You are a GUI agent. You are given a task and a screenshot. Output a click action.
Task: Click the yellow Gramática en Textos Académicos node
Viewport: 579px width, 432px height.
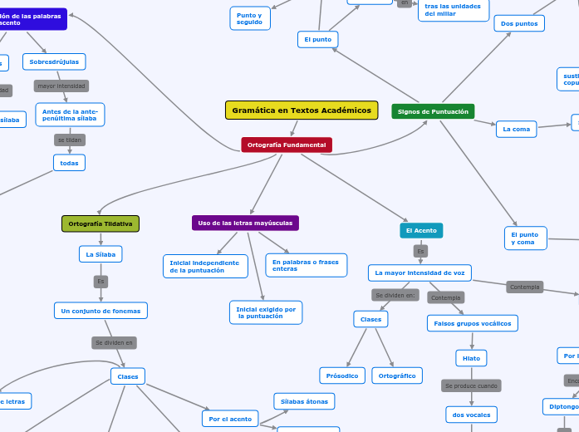pyautogui.click(x=302, y=110)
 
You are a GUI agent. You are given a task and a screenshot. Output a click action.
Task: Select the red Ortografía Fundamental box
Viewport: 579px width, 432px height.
pyautogui.click(x=287, y=145)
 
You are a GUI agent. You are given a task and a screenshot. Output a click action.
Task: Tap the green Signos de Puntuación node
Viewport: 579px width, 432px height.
pyautogui.click(x=433, y=111)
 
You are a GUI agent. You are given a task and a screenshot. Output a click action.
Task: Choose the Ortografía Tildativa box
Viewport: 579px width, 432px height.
pyautogui.click(x=101, y=223)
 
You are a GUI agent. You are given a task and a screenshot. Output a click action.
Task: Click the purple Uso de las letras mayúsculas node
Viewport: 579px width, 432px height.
pyautogui.click(x=245, y=223)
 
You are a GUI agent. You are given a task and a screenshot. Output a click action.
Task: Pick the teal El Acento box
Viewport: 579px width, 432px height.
pyautogui.click(x=421, y=230)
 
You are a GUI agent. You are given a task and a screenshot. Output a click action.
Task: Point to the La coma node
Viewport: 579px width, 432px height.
pyautogui.click(x=516, y=129)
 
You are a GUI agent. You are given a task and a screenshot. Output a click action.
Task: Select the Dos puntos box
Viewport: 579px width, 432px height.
pyautogui.click(x=519, y=23)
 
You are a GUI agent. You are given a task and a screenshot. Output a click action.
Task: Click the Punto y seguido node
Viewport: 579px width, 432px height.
pyautogui.click(x=250, y=18)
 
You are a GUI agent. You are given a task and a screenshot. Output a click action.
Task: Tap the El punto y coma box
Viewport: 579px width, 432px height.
pyautogui.click(x=525, y=238)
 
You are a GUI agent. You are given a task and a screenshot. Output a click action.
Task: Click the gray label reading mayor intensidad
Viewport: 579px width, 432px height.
pyautogui.click(x=61, y=86)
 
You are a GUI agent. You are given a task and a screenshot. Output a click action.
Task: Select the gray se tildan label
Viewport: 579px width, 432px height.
pyautogui.click(x=70, y=140)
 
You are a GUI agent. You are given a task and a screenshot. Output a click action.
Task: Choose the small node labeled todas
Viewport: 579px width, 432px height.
pyautogui.click(x=69, y=163)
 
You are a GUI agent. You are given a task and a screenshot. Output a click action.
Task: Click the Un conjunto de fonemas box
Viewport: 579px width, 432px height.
pyautogui.click(x=101, y=311)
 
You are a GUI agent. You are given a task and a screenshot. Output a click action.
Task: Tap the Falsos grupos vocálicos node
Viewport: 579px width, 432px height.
pyautogui.click(x=473, y=323)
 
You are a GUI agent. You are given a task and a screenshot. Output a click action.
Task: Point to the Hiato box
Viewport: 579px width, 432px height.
pyautogui.click(x=471, y=358)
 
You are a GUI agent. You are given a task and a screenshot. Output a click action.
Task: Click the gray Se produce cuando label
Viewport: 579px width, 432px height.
pyautogui.click(x=471, y=385)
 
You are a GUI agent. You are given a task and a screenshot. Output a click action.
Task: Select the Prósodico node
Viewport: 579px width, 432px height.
pyautogui.click(x=341, y=376)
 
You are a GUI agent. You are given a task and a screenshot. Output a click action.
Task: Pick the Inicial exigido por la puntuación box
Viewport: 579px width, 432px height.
pyautogui.click(x=265, y=312)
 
